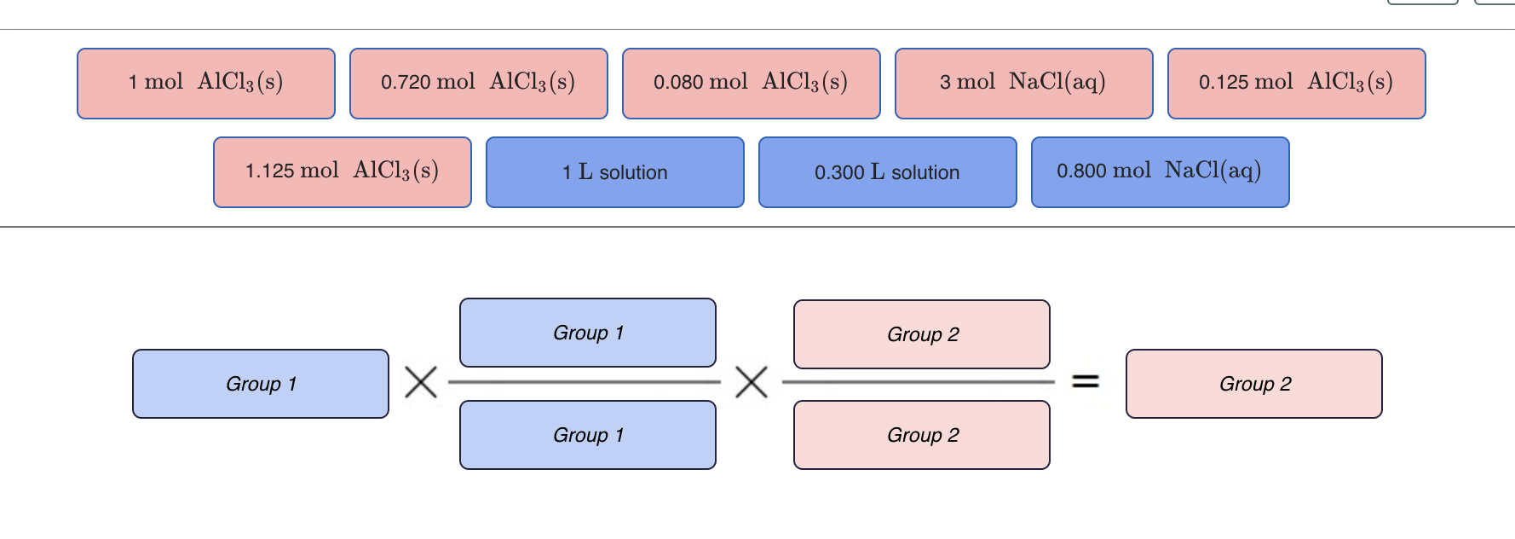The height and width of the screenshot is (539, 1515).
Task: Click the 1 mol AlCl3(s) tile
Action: (206, 84)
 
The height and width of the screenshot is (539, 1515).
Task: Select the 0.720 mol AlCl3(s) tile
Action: (479, 84)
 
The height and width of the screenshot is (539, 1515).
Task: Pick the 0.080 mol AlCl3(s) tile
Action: (752, 84)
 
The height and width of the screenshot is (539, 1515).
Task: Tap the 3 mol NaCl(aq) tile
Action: (1024, 84)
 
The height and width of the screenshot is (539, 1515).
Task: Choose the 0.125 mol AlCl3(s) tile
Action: (1297, 84)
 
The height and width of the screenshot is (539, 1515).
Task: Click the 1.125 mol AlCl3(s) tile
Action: (343, 172)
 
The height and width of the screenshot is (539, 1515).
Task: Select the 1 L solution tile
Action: (615, 172)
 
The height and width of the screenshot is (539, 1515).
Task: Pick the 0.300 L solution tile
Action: (888, 172)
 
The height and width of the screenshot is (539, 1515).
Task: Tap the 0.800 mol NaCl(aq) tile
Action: (1161, 172)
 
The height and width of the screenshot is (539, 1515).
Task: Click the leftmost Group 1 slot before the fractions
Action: (261, 384)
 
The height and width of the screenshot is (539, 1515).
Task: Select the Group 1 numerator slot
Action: (588, 333)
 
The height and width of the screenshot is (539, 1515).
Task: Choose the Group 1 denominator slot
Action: (588, 435)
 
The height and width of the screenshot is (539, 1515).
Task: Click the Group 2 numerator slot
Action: (922, 334)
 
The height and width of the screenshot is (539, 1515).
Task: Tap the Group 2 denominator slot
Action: (922, 435)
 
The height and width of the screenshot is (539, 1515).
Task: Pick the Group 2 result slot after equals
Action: (1254, 384)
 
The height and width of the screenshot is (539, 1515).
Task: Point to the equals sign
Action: (1085, 381)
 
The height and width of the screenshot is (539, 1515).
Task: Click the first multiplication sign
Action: (421, 382)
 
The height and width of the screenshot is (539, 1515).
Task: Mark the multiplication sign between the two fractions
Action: (752, 382)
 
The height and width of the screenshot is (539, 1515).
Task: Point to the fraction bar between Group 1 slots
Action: (585, 382)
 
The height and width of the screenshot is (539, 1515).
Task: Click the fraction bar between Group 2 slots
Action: (919, 382)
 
